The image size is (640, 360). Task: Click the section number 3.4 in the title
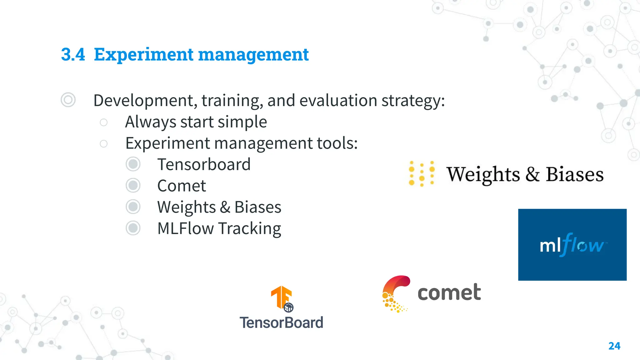(x=73, y=54)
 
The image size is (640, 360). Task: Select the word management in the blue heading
(x=253, y=55)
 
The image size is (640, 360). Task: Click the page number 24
(x=614, y=346)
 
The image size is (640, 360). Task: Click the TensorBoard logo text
(x=281, y=322)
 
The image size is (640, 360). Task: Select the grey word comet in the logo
(x=449, y=292)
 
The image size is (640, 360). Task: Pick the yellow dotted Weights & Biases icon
(x=422, y=173)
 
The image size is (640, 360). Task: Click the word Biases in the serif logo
(x=574, y=174)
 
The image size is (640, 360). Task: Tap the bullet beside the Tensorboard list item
(x=133, y=164)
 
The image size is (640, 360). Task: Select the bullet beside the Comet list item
(x=133, y=186)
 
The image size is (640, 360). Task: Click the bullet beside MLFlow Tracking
(x=133, y=228)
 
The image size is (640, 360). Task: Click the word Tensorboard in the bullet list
(x=204, y=164)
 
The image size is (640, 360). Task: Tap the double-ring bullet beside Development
(x=68, y=100)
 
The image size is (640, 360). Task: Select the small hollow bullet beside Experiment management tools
(x=103, y=143)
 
